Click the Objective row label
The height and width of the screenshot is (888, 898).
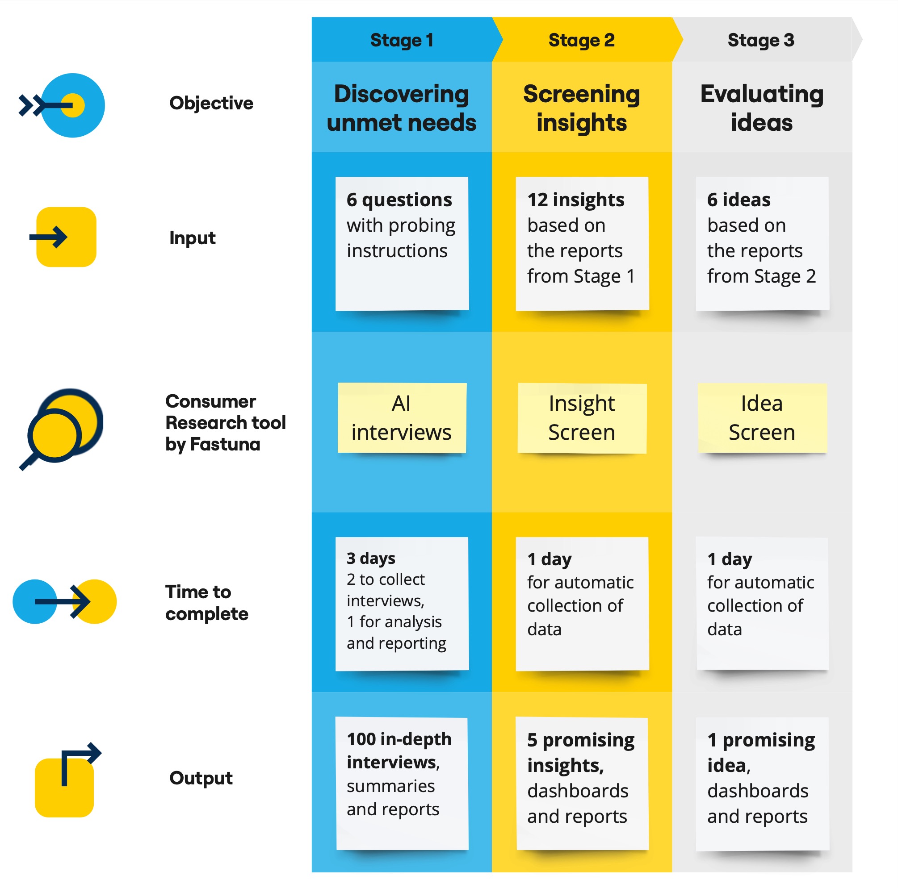(x=211, y=103)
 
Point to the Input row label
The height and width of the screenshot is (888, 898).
(x=192, y=238)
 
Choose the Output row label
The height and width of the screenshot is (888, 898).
(x=201, y=778)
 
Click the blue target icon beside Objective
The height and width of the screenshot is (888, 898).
(x=62, y=105)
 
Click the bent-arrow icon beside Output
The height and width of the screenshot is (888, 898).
(x=68, y=780)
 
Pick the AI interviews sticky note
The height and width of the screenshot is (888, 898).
(x=402, y=417)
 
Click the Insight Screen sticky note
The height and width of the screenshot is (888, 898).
(x=582, y=418)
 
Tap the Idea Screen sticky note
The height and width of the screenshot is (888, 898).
(x=762, y=417)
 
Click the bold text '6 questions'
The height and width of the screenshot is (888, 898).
(x=399, y=200)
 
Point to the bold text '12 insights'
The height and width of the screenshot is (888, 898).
(x=576, y=200)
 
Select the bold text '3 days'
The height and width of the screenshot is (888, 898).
(x=371, y=558)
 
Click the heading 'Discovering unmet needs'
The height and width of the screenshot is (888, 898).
(x=402, y=108)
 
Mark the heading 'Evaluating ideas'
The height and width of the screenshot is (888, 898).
(x=762, y=108)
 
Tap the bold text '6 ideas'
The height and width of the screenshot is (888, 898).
(x=739, y=200)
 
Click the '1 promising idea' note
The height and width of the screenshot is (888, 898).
(x=762, y=784)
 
